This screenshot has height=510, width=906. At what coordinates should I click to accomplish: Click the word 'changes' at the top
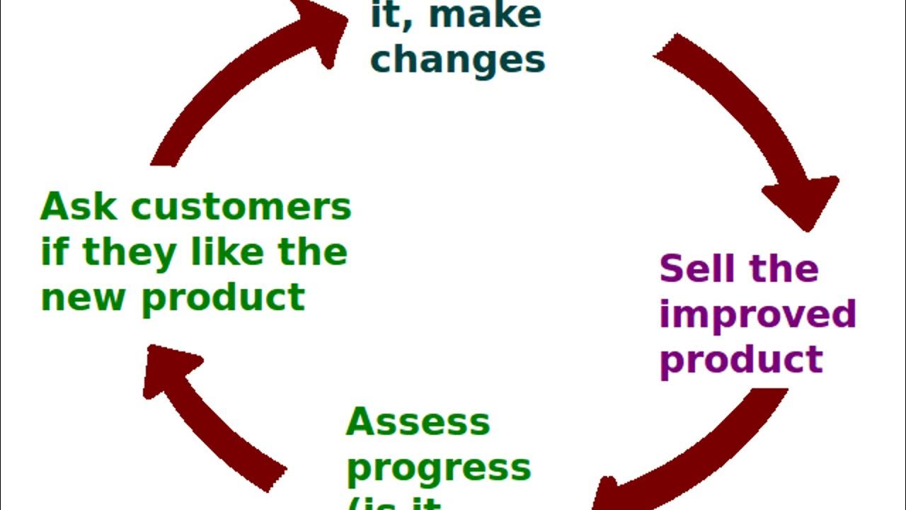pyautogui.click(x=457, y=59)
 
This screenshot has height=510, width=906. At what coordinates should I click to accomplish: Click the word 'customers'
pyautogui.click(x=241, y=208)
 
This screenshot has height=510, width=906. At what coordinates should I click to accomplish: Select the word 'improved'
pyautogui.click(x=757, y=314)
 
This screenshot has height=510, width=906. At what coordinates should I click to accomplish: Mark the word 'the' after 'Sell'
pyautogui.click(x=784, y=268)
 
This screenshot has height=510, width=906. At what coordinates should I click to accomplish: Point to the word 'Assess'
pyautogui.click(x=418, y=422)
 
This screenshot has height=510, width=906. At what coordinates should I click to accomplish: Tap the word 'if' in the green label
pyautogui.click(x=54, y=252)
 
